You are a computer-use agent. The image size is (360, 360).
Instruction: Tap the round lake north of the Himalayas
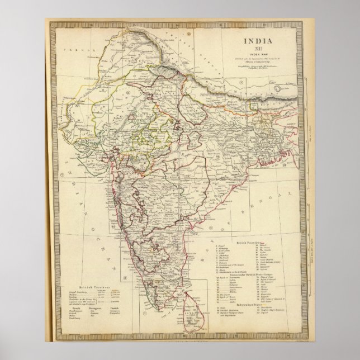tap(278, 88)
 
